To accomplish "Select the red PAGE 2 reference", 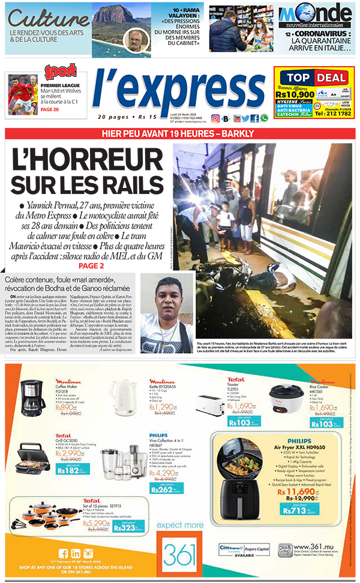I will (86, 265).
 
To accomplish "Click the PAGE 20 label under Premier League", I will (50, 109).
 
